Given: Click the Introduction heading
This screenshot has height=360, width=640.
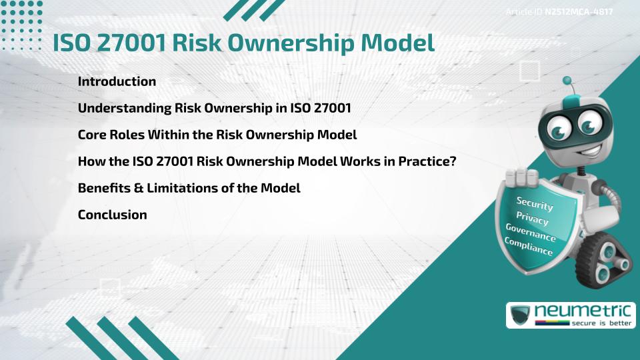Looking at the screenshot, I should point(117,81).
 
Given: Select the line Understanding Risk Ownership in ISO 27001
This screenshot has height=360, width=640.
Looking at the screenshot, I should point(214,108).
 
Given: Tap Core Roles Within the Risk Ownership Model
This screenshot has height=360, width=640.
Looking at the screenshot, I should point(217,135).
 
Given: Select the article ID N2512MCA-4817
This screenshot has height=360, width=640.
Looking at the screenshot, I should point(579,13).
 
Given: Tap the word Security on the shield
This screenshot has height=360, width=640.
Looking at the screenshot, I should point(535,203).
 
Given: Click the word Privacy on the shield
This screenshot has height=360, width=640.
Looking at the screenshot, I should point(532,219).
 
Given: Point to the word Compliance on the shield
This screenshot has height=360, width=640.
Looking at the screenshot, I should point(529,247).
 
